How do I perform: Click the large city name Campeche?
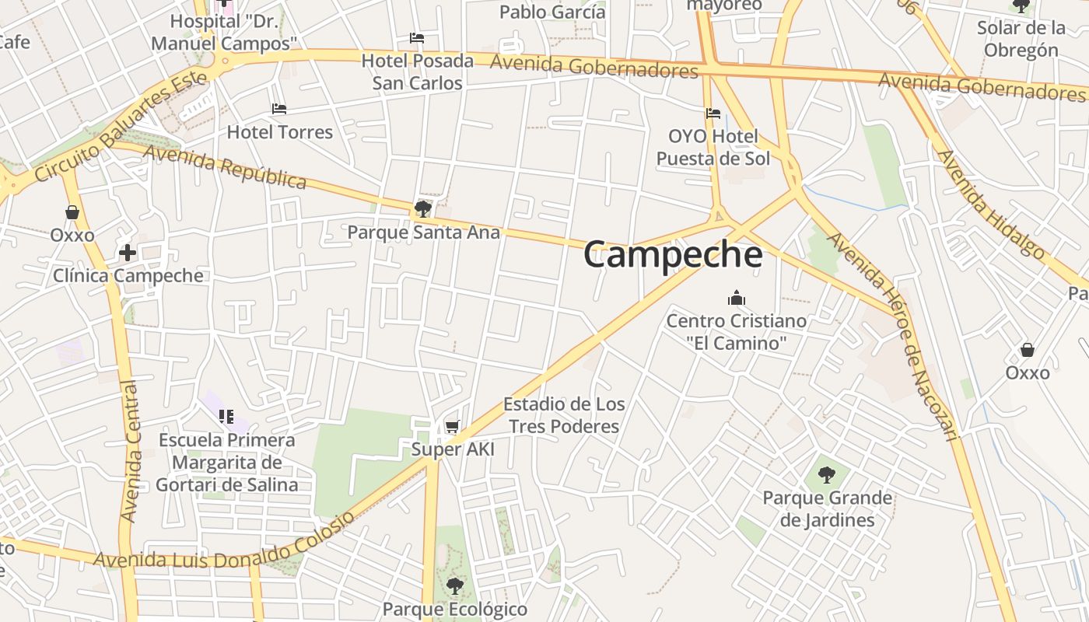(x=673, y=254)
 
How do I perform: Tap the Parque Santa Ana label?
(x=423, y=232)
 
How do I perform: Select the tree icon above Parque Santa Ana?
(x=423, y=208)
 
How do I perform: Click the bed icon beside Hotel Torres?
(x=279, y=109)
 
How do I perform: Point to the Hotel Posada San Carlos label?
(x=417, y=72)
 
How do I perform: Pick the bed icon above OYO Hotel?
(x=713, y=114)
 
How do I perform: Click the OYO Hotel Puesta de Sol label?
(x=713, y=148)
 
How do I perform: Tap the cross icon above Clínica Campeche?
(x=128, y=253)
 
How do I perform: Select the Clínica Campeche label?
(x=128, y=275)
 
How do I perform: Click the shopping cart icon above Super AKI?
(x=452, y=426)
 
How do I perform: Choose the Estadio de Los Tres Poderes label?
(x=564, y=415)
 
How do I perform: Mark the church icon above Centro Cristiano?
(x=736, y=298)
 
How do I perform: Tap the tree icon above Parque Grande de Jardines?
(x=827, y=474)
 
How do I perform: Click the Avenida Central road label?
(x=130, y=451)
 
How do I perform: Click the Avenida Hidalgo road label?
(x=991, y=203)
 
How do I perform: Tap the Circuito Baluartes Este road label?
(x=121, y=126)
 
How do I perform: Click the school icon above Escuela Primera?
(x=226, y=417)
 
